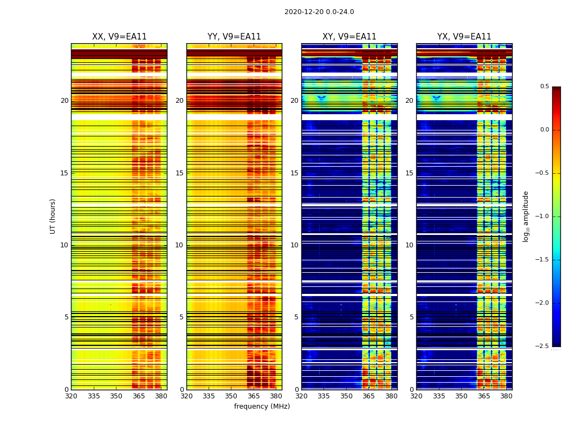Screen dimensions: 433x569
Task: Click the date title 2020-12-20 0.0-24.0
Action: pos(319,12)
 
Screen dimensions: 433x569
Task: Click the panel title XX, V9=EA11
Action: pos(119,37)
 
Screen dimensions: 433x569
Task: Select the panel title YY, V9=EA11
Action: pos(234,37)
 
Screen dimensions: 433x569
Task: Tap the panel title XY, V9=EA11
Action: pos(350,37)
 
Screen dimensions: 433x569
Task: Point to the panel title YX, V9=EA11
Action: pos(464,37)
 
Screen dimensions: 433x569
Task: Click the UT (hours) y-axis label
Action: pos(53,216)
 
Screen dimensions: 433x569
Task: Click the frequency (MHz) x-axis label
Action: pos(262,406)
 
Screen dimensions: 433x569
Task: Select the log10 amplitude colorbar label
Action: pos(526,216)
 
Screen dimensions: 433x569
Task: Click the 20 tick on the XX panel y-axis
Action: pos(64,101)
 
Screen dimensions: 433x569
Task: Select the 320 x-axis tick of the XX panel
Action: pos(71,396)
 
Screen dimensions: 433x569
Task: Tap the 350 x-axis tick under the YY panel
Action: pos(231,396)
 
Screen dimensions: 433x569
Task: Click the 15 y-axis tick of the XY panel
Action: pos(294,173)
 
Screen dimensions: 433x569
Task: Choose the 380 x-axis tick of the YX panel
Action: pos(506,396)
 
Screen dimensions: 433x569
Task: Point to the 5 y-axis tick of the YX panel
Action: pos(411,317)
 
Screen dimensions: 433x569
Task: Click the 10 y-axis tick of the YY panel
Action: pos(179,245)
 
